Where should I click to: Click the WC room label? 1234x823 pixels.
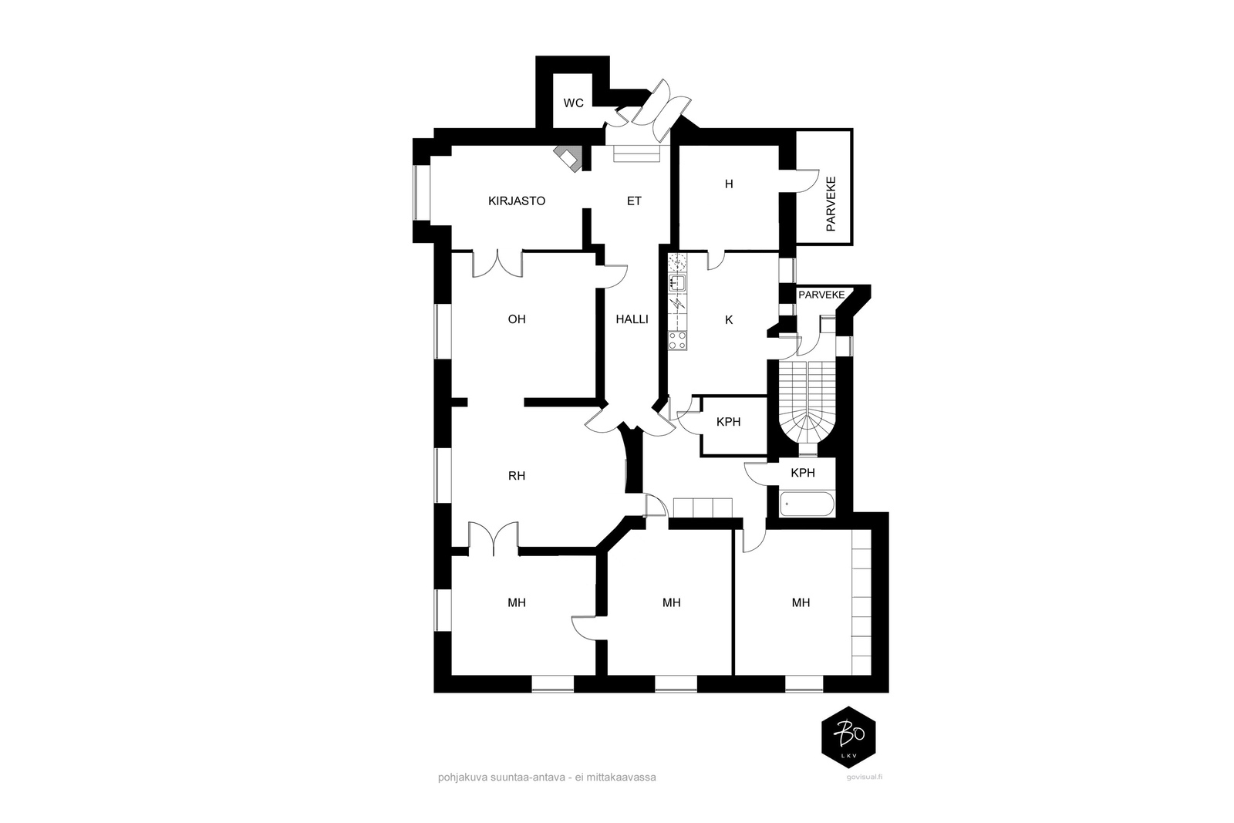click(x=573, y=103)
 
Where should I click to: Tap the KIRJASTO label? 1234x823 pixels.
click(x=517, y=201)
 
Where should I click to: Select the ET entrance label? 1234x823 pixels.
click(x=634, y=201)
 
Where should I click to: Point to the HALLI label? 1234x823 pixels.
click(x=632, y=319)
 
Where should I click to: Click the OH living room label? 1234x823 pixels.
click(x=517, y=319)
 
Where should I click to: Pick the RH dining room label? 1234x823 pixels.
click(x=517, y=476)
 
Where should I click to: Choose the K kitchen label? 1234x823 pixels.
click(x=729, y=320)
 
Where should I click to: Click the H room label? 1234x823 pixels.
click(x=729, y=184)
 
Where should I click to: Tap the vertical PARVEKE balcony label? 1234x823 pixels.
click(x=831, y=204)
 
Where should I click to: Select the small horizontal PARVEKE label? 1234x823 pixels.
click(x=821, y=295)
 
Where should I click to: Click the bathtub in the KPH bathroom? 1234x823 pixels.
click(x=807, y=504)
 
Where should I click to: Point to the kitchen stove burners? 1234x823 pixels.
click(x=678, y=340)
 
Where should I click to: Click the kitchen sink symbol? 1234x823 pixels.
click(x=677, y=283)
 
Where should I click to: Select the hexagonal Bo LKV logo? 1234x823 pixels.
click(x=848, y=737)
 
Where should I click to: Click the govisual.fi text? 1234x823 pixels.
click(x=865, y=777)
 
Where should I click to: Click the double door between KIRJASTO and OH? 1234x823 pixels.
click(x=497, y=263)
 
